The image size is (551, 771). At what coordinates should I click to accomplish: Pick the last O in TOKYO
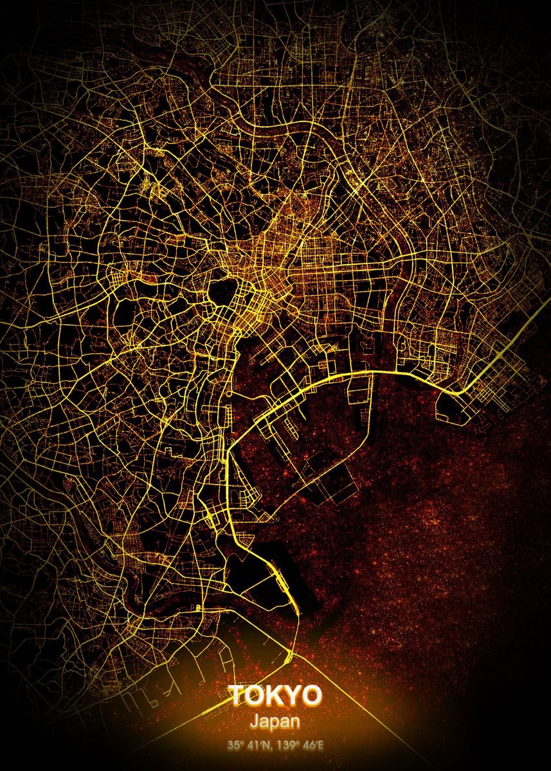312,695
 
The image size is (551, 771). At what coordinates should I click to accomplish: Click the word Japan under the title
275,722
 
